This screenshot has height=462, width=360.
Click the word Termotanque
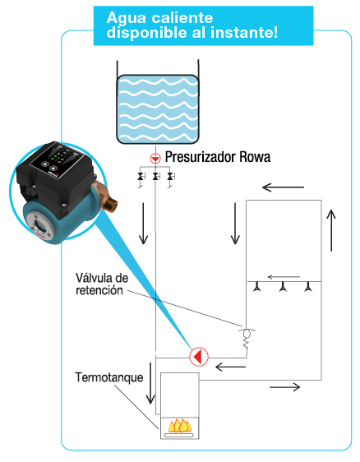pos(109,377)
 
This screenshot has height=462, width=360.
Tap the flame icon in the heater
pos(180,425)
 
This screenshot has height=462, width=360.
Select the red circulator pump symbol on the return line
pos(199,357)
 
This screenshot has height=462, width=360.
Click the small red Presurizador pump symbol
pos(155,158)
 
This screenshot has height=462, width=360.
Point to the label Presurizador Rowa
pos(218,157)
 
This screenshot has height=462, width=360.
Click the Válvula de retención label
pos(102,284)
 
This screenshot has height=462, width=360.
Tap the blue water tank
pos(158,109)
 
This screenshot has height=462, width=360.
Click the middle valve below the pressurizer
pos(155,176)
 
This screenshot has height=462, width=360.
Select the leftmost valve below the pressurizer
pos(141,176)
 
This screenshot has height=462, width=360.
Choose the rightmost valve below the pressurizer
pos(170,176)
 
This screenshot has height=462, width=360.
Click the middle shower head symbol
pos(283,287)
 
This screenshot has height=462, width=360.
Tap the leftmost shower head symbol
pos(257,287)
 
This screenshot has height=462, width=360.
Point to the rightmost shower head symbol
pos(308,287)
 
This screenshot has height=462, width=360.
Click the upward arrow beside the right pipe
pos(331,230)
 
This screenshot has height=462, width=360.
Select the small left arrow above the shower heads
pos(284,277)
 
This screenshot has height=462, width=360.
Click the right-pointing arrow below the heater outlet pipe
pos(285,387)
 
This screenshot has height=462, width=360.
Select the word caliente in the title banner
pos(182,18)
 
